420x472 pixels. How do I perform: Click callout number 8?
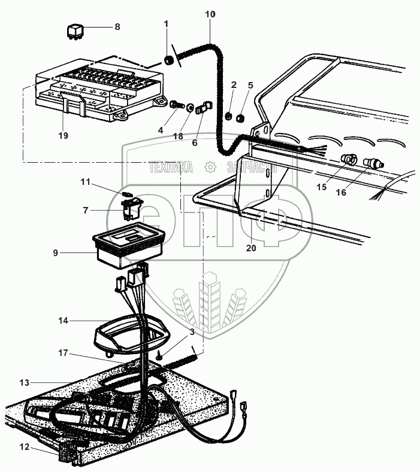click(117, 27)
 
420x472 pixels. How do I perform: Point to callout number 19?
click(64, 135)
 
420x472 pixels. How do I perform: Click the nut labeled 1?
click(170, 60)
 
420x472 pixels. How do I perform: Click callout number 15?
click(322, 187)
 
